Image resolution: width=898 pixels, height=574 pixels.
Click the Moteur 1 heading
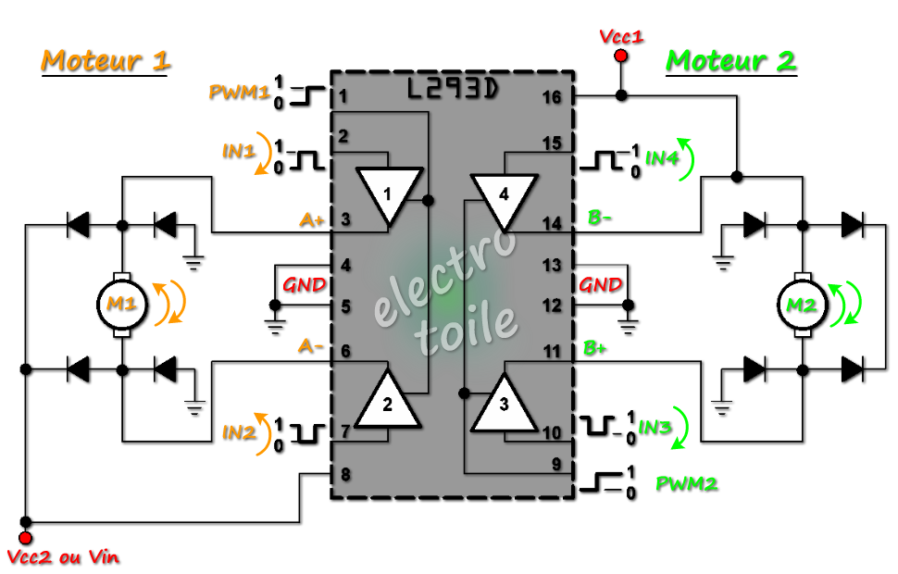(x=106, y=61)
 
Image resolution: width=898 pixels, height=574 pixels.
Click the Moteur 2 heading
(x=731, y=61)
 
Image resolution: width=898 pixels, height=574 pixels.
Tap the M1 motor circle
(x=122, y=305)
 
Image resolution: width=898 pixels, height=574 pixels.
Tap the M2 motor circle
(x=803, y=305)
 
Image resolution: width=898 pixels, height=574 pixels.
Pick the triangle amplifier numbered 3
(x=504, y=404)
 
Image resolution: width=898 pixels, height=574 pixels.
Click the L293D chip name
(x=453, y=89)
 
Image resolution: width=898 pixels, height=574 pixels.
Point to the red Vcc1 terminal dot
(x=621, y=56)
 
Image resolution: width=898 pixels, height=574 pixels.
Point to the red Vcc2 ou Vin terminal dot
(x=26, y=538)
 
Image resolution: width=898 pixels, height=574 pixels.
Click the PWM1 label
(x=239, y=92)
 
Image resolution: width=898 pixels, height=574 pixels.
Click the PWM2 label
(x=686, y=484)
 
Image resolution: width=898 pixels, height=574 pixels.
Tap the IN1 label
(x=238, y=151)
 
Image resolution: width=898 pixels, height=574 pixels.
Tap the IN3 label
(x=655, y=428)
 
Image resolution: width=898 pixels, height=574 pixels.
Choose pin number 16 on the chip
(x=552, y=97)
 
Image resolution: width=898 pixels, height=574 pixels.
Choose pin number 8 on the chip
(x=345, y=474)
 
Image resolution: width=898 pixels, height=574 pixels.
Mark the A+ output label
(x=312, y=219)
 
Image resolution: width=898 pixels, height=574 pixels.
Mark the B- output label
(x=600, y=218)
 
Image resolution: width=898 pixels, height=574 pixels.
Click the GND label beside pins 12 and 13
(x=600, y=285)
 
